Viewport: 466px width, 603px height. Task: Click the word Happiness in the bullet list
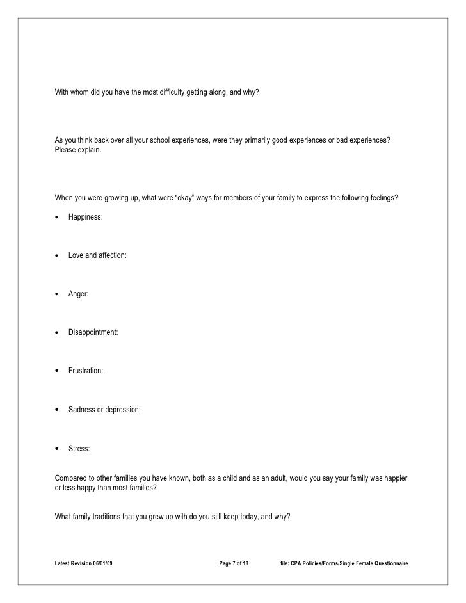pos(85,218)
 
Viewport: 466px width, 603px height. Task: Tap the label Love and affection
pos(97,255)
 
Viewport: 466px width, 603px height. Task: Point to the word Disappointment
pos(93,332)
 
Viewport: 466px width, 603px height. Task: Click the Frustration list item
pos(86,371)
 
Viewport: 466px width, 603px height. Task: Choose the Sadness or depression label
pos(104,409)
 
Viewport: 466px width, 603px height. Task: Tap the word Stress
pos(79,449)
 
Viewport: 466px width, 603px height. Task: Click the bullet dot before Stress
pos(58,448)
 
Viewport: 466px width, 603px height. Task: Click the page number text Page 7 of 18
pos(234,563)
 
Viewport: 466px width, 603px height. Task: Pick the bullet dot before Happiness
pos(58,217)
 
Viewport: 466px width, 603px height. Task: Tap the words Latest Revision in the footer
pos(70,563)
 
